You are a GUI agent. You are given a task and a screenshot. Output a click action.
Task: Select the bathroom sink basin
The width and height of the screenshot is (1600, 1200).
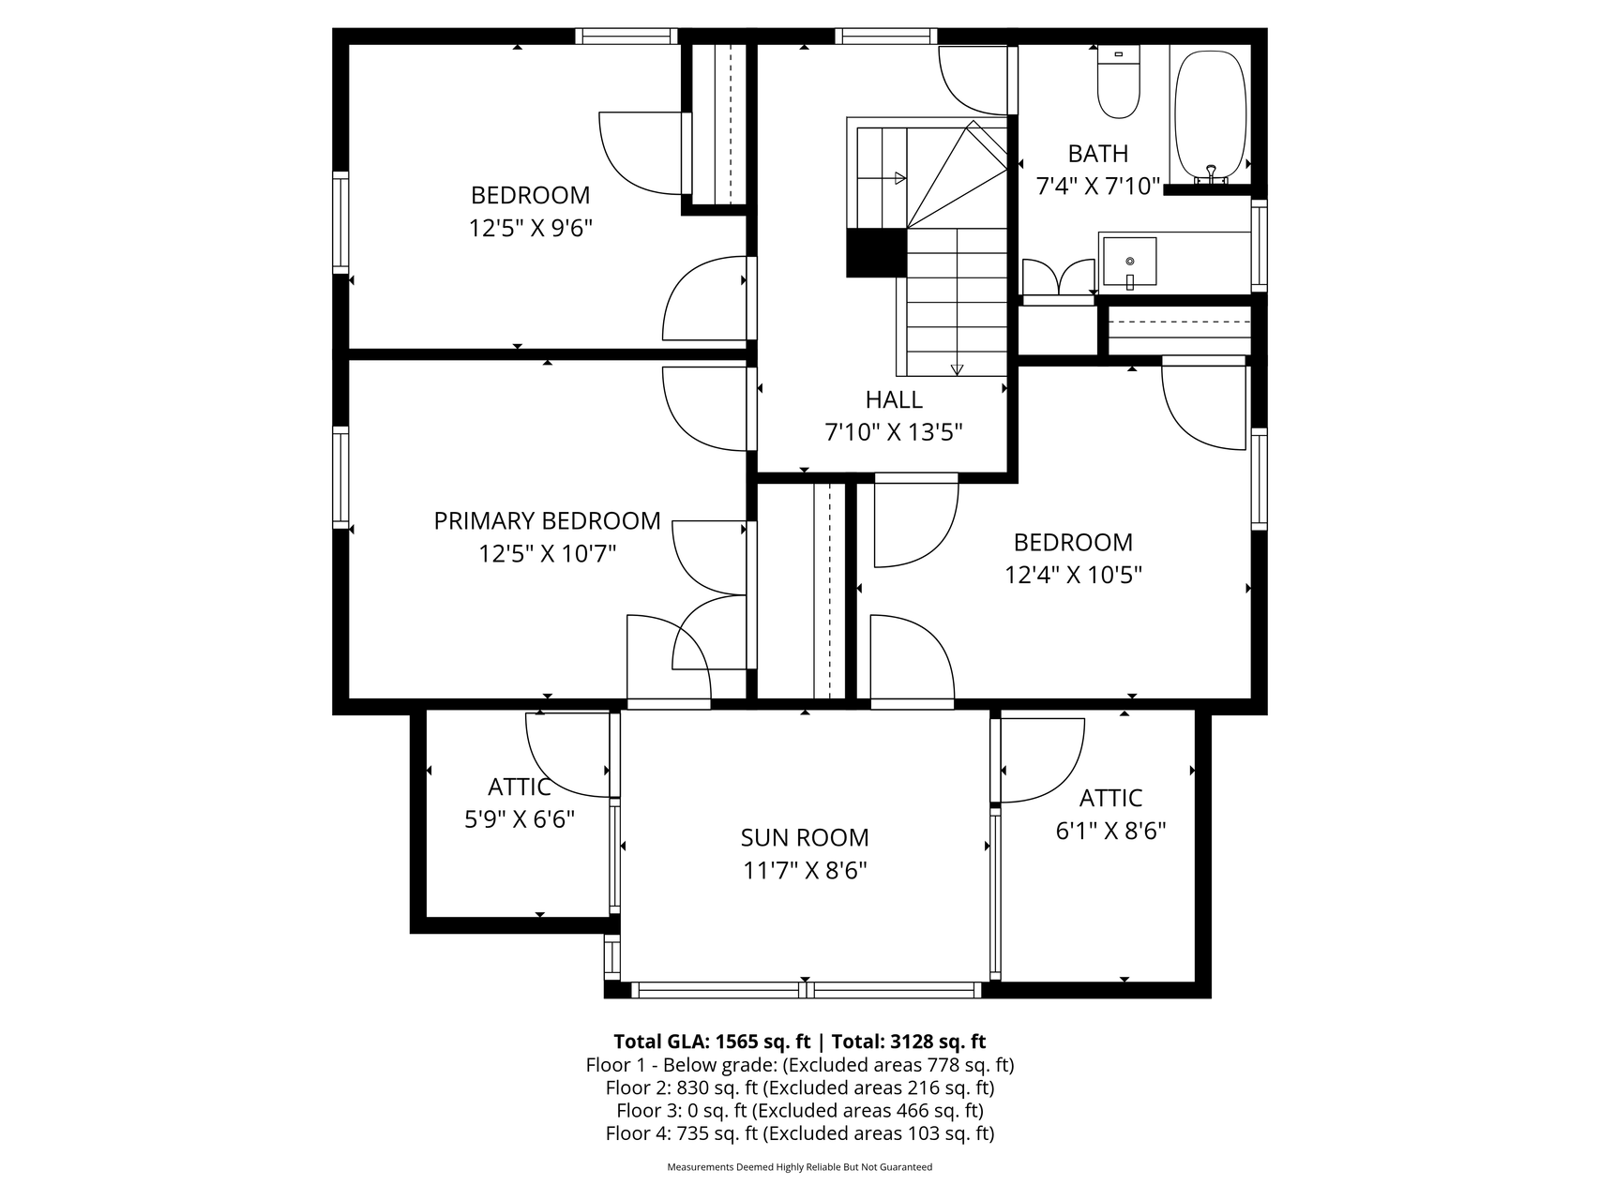1129,262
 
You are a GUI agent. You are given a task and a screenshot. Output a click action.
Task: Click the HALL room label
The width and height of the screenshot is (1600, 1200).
894,399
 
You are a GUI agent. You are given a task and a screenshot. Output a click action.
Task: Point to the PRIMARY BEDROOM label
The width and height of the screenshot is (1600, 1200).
547,520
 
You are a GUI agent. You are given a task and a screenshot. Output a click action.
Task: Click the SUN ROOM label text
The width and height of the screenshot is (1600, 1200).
805,837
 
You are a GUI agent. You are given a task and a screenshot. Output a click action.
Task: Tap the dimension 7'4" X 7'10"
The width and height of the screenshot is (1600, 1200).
1098,186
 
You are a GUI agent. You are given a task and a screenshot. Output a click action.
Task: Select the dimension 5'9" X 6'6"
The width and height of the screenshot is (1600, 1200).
520,819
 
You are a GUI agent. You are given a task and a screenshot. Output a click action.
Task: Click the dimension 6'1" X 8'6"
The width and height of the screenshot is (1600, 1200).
1110,831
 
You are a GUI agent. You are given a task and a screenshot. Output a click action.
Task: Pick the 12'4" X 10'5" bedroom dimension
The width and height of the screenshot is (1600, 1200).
1073,575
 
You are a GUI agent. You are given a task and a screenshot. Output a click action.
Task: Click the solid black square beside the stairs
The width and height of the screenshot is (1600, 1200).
876,253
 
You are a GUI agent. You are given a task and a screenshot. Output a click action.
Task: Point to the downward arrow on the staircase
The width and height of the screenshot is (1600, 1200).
957,369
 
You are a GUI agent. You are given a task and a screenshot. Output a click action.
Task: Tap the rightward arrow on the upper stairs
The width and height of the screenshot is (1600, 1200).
900,178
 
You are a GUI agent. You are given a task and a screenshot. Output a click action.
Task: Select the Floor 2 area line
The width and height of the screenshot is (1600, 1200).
799,1087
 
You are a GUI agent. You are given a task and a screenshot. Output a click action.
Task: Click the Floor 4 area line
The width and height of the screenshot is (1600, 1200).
799,1133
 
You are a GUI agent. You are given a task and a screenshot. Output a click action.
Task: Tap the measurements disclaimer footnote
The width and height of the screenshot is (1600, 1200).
799,1167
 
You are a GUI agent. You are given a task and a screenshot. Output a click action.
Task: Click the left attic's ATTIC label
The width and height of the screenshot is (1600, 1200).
520,787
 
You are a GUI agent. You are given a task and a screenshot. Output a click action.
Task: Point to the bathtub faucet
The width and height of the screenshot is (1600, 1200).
1211,174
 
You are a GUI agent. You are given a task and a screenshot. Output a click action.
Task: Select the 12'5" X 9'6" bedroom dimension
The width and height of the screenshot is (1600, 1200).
531,228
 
